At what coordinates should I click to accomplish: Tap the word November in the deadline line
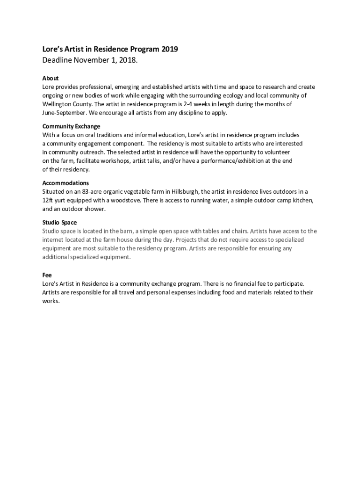(x=89, y=60)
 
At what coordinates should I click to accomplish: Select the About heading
(x=50, y=78)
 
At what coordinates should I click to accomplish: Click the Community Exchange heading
(x=71, y=126)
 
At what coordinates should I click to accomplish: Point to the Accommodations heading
(x=65, y=183)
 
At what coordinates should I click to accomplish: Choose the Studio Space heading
(x=59, y=222)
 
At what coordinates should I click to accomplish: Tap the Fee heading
(x=47, y=275)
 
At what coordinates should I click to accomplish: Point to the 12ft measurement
(x=48, y=200)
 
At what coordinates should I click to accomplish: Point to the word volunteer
(x=276, y=152)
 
